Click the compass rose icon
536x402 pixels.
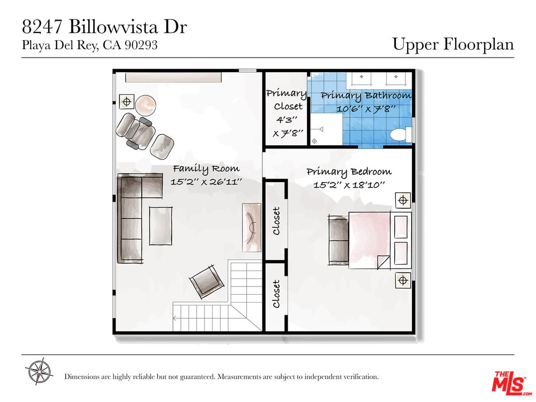39,371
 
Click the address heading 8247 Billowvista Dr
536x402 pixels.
104,27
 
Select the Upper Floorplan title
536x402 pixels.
453,44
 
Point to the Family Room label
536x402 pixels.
206,168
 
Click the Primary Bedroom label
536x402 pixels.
349,171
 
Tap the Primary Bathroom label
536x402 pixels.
366,95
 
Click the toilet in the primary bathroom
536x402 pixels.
399,134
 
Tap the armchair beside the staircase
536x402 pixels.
207,281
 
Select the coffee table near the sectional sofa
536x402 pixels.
160,226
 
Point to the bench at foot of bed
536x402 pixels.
338,240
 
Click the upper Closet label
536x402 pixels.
276,221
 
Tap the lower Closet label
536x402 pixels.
276,294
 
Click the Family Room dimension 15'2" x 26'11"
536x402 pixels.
207,182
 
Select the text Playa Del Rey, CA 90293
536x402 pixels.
89,46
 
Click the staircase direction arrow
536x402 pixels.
176,319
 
